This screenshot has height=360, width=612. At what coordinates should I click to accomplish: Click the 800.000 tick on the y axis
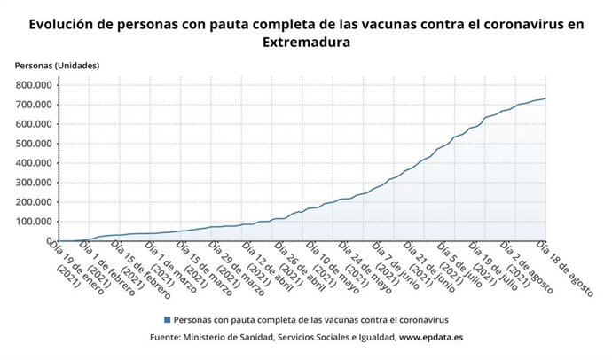34,85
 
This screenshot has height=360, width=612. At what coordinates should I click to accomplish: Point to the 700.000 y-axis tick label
34,105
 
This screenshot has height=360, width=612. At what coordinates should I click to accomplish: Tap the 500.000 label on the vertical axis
34,144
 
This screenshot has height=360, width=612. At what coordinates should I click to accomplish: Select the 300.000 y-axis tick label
34,183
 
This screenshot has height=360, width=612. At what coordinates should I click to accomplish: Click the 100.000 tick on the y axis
34,222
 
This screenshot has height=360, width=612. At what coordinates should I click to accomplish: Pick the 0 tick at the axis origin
51,241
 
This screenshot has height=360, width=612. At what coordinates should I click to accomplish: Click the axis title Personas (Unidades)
57,66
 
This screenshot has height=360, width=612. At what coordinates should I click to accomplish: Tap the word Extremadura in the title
306,42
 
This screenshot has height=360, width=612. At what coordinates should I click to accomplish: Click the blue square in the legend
167,319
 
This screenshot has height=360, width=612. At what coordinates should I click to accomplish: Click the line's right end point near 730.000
545,98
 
